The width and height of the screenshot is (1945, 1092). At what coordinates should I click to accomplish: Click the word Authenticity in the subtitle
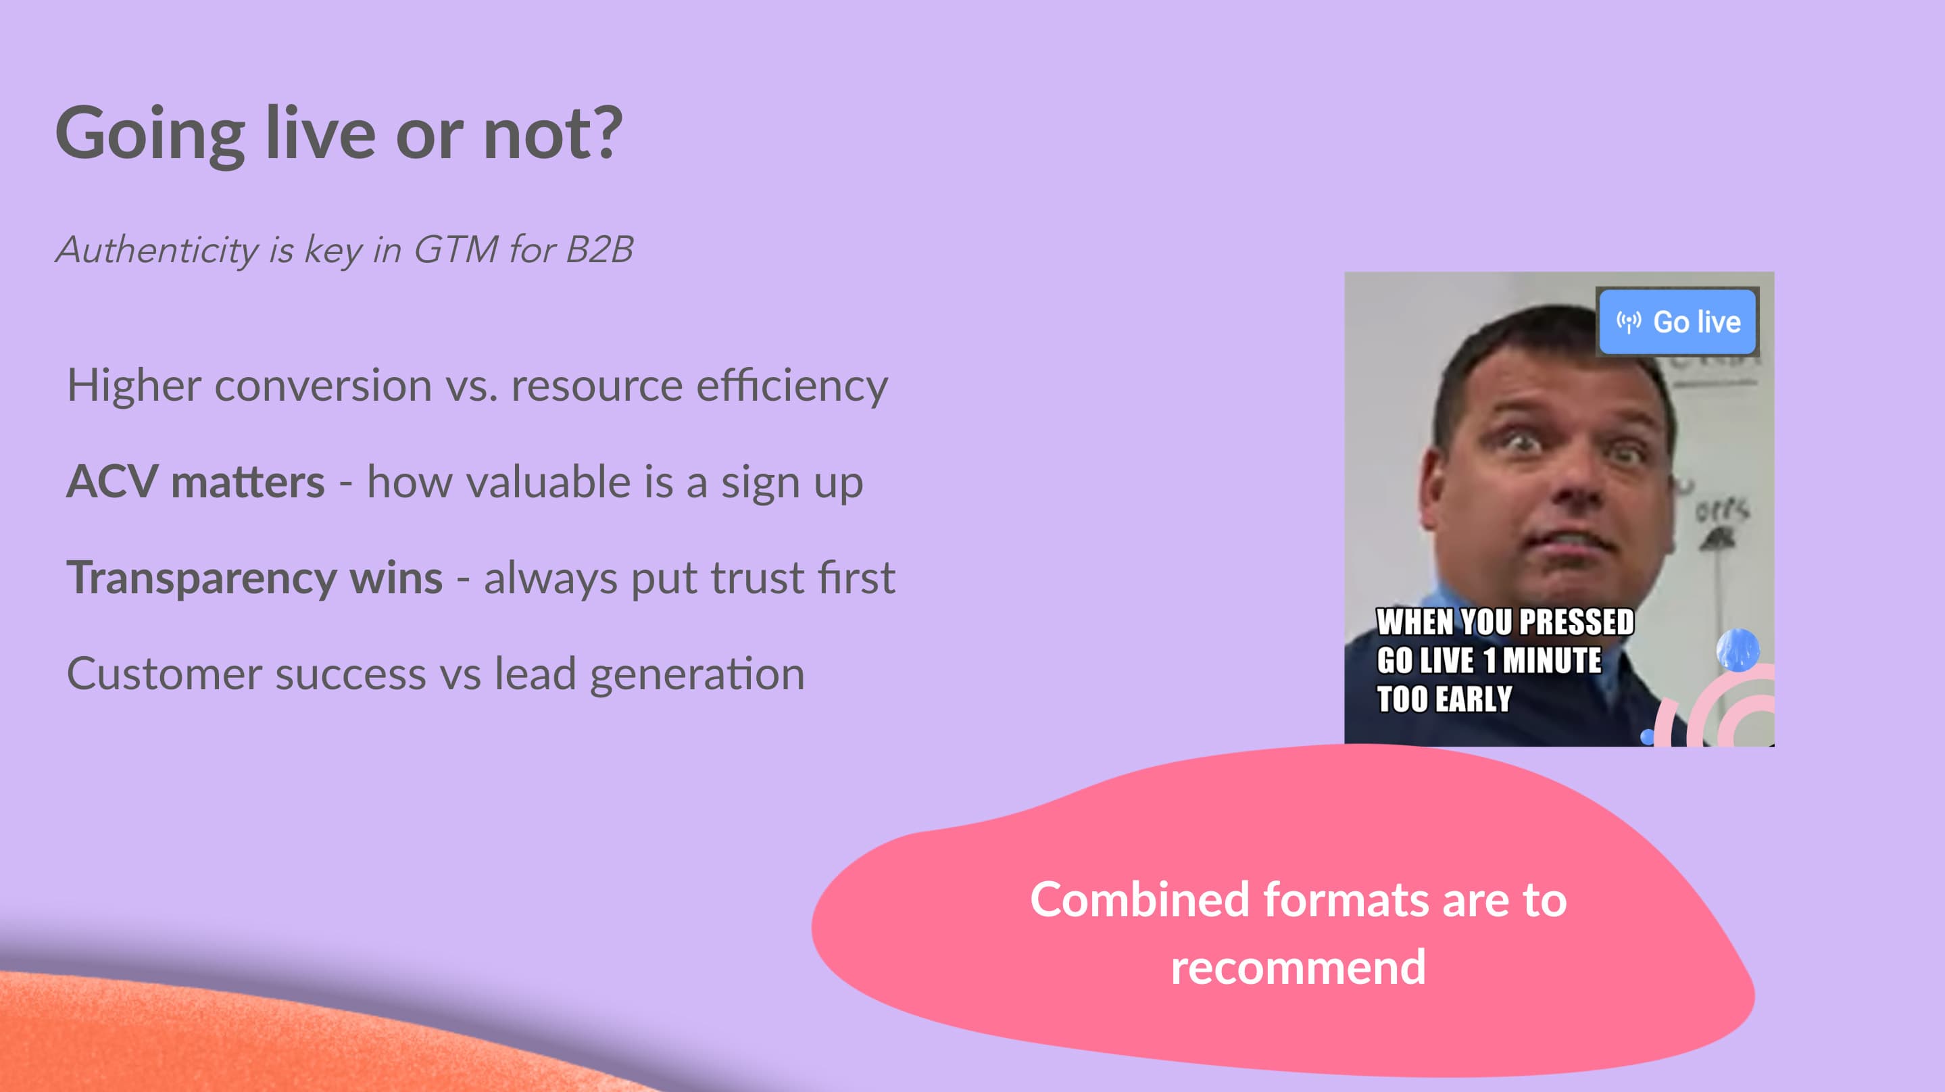click(157, 250)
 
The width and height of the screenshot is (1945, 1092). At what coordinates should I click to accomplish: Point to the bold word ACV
click(112, 481)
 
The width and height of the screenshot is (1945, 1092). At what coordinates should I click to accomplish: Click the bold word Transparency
click(201, 579)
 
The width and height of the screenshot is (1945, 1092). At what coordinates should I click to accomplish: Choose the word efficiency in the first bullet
click(792, 386)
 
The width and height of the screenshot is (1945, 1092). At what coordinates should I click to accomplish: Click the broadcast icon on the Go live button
click(1629, 322)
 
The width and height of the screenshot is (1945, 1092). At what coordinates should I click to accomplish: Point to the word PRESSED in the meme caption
click(1577, 622)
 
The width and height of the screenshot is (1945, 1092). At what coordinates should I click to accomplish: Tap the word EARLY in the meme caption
click(1473, 699)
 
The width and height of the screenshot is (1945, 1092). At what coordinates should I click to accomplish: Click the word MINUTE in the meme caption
click(1552, 660)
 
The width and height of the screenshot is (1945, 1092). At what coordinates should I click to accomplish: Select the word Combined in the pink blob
click(1140, 899)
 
